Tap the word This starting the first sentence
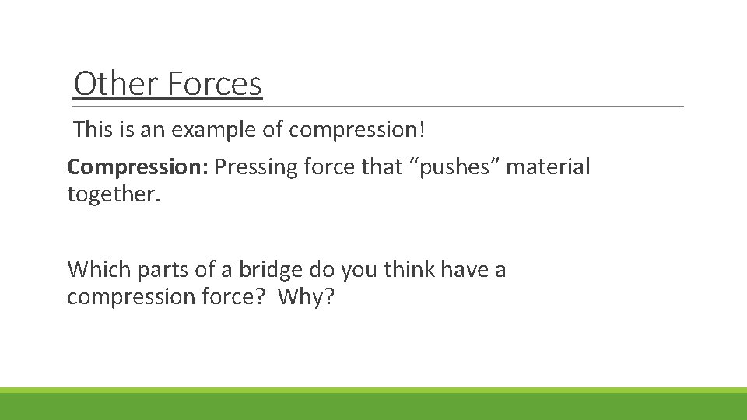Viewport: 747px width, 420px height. click(x=93, y=129)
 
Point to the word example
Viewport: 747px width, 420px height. click(x=214, y=129)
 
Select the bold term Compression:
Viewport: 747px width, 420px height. click(x=138, y=167)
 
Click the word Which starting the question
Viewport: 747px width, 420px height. click(x=97, y=270)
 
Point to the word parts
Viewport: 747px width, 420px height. click(x=156, y=270)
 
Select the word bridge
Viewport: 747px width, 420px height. click(x=265, y=270)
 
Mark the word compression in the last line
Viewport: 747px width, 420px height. click(x=128, y=297)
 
